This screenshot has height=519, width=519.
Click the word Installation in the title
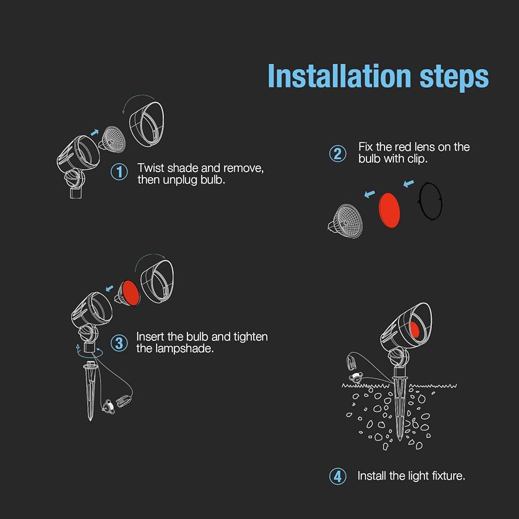[339, 76]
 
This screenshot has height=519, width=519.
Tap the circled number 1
[119, 172]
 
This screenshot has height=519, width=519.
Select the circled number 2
[338, 154]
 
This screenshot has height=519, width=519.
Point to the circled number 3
[119, 343]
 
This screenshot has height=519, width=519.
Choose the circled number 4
[338, 476]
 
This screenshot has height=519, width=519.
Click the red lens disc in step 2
[389, 210]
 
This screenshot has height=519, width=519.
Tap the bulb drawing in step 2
[345, 221]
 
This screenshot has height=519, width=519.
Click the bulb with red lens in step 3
[128, 293]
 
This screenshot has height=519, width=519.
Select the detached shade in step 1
[146, 124]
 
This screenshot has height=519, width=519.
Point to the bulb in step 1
[112, 139]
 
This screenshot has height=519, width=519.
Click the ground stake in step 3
[90, 391]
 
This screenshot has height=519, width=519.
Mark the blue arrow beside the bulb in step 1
[94, 132]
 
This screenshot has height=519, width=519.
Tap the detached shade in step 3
[157, 281]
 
